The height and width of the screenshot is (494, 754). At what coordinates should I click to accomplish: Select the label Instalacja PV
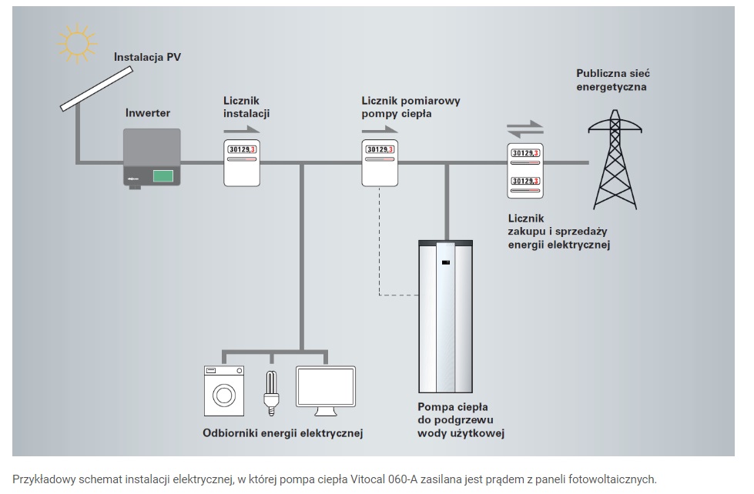click(x=148, y=56)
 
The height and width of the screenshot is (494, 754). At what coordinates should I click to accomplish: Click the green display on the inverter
click(x=163, y=175)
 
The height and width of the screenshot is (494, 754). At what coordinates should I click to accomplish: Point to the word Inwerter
click(x=147, y=113)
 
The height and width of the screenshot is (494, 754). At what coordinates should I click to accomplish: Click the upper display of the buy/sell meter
click(x=526, y=153)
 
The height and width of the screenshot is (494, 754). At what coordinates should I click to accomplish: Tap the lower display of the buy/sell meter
click(x=526, y=181)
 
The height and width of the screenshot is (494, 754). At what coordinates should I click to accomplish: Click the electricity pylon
click(x=614, y=165)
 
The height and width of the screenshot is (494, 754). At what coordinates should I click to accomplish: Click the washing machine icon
click(x=225, y=390)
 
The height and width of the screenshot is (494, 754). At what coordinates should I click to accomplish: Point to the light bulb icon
click(x=270, y=391)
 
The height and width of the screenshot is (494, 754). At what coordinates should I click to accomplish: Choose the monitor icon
click(x=326, y=392)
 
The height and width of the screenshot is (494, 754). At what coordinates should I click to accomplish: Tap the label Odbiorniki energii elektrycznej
click(x=282, y=433)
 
